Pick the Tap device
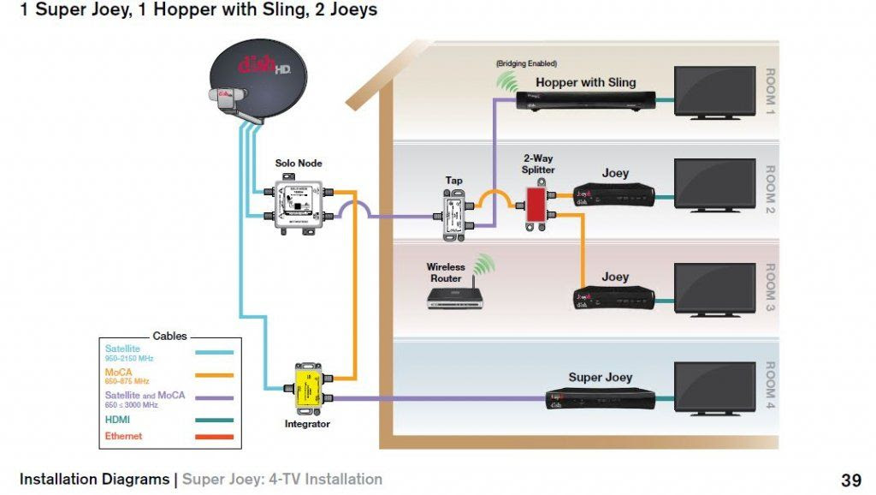[x=453, y=214]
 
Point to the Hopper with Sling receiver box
[x=585, y=100]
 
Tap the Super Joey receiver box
[x=601, y=397]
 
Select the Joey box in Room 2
[x=614, y=198]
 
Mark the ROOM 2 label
[x=769, y=189]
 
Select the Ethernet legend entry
[x=123, y=437]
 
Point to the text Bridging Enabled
[x=526, y=64]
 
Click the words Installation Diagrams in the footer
[x=94, y=480]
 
